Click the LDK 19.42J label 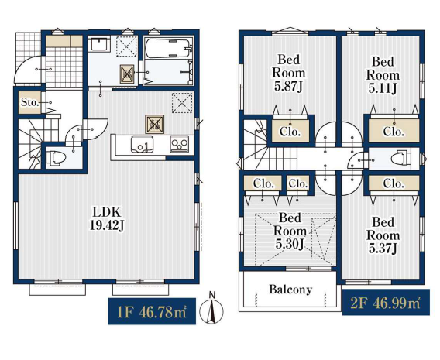[107, 218]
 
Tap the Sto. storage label [29, 102]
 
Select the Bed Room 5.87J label [289, 73]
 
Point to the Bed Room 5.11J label [383, 75]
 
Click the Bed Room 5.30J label [290, 231]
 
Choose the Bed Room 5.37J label [383, 235]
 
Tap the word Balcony [290, 290]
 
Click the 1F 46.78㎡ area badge [152, 311]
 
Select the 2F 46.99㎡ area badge [386, 302]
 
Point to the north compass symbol [211, 308]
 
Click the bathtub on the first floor [168, 49]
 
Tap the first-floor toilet [56, 158]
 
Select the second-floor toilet [402, 159]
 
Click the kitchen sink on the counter [142, 145]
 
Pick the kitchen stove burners [180, 145]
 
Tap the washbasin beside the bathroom [100, 45]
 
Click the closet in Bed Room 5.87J [290, 131]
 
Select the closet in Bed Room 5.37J [394, 183]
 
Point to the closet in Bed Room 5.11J [394, 131]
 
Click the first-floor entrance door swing [28, 69]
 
